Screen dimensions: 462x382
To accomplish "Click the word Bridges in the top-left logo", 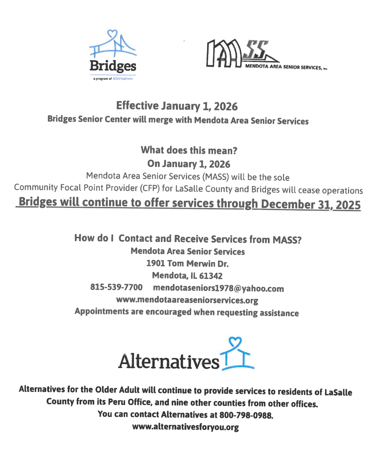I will (x=113, y=66).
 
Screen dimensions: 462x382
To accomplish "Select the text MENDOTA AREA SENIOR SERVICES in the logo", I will (x=284, y=67).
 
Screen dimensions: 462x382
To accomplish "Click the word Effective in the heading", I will (x=137, y=106).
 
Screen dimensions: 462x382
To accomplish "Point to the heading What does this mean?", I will (x=189, y=150).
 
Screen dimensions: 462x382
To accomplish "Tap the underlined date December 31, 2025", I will (x=311, y=204).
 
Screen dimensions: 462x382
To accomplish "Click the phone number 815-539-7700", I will (x=116, y=287).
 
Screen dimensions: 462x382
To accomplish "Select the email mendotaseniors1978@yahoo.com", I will (x=218, y=288).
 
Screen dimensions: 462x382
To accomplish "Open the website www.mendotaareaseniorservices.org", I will (x=187, y=300).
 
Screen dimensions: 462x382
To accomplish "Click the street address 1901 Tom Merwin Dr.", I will (x=187, y=263).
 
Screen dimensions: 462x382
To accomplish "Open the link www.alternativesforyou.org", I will (x=185, y=427).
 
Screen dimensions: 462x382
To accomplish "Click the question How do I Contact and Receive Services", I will (x=188, y=239).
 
